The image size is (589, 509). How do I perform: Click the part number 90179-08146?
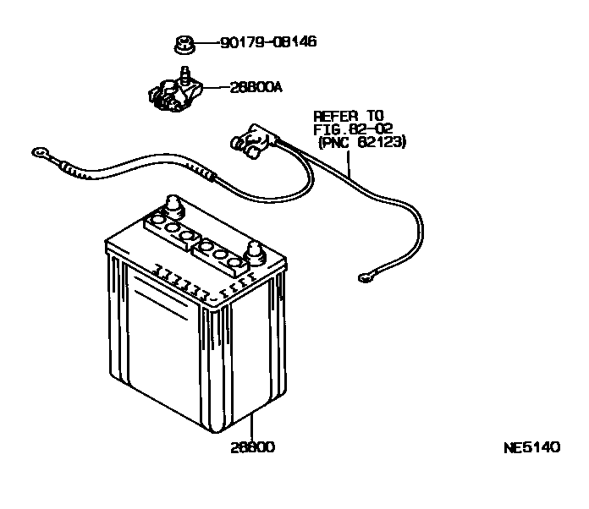[268, 41]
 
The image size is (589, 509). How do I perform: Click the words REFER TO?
[348, 116]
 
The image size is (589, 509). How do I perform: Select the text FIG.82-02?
[354, 129]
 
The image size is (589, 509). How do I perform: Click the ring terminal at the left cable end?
[39, 153]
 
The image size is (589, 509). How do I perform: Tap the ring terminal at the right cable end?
[365, 274]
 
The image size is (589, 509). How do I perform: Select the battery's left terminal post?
[173, 205]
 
